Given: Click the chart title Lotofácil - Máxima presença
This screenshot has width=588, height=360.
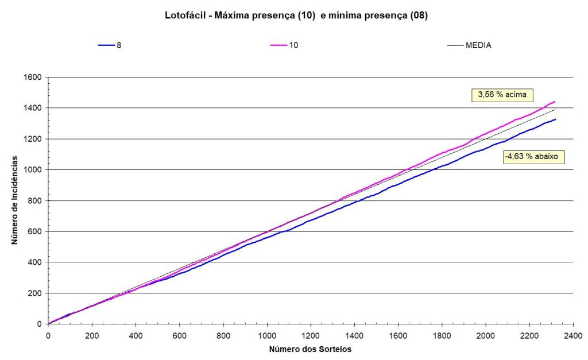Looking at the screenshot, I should (296, 16).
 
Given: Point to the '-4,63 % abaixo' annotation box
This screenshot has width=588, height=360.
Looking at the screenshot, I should (533, 156).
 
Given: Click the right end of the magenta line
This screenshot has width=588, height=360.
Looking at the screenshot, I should (555, 102).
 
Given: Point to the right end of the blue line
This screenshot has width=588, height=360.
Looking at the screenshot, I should (555, 119).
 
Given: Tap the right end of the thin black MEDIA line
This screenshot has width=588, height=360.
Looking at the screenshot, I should (555, 109).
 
